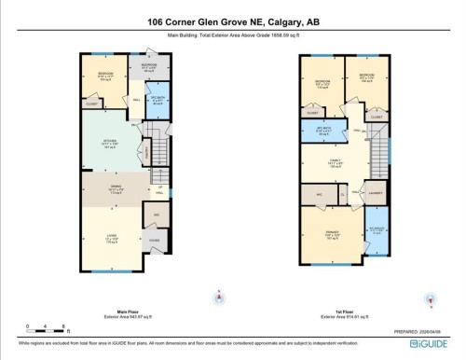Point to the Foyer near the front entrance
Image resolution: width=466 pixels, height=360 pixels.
[x=154, y=241]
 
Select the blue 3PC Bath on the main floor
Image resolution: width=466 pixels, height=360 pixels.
[x=157, y=103]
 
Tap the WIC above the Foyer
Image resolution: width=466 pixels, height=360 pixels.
[x=155, y=215]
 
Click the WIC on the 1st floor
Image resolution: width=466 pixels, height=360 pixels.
[x=318, y=194]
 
